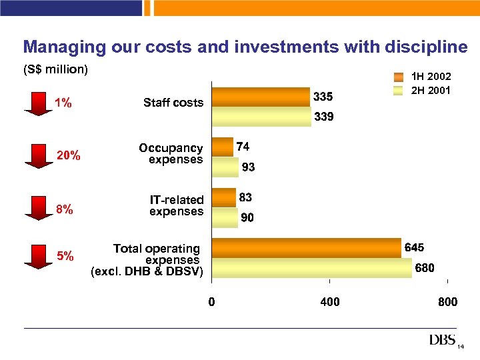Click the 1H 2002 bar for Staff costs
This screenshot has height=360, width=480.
click(x=261, y=97)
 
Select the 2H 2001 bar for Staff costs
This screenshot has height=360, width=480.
click(x=261, y=117)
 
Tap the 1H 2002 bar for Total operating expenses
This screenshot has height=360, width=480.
click(x=306, y=248)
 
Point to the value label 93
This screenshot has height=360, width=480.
click(x=249, y=168)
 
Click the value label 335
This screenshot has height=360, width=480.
click(x=323, y=97)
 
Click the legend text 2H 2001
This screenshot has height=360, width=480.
click(x=431, y=90)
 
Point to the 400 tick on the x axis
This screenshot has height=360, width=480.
click(x=329, y=302)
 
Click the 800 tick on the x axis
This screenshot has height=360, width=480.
click(x=447, y=302)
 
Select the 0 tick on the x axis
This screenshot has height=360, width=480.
click(x=211, y=302)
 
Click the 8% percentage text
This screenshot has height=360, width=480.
click(x=65, y=209)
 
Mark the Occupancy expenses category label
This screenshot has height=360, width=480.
click(x=171, y=154)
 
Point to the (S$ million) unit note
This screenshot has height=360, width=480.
click(x=56, y=70)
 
